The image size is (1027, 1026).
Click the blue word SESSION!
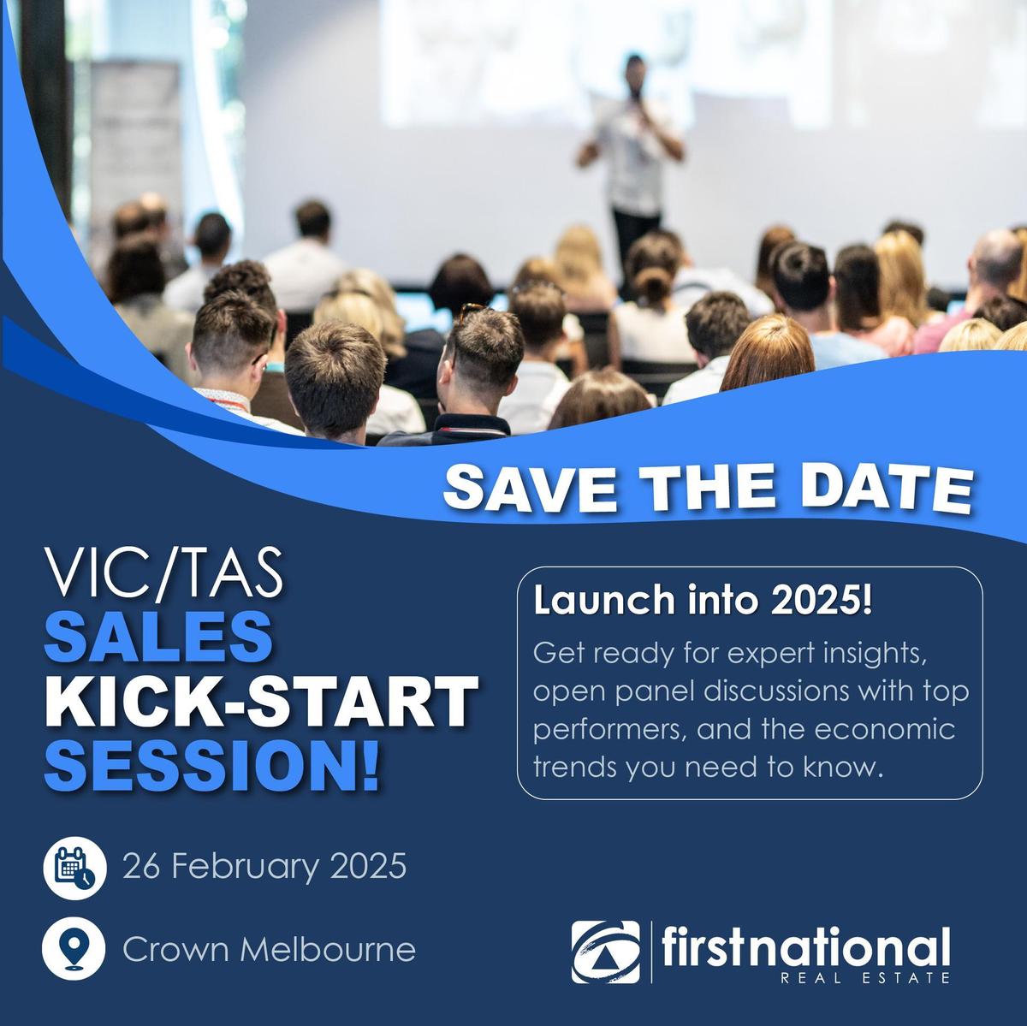(x=212, y=765)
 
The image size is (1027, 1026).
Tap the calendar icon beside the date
(x=75, y=868)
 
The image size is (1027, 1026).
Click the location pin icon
(x=74, y=949)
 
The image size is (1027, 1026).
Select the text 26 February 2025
(x=264, y=868)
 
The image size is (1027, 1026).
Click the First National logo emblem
(x=605, y=952)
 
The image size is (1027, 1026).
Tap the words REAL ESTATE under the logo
(x=864, y=978)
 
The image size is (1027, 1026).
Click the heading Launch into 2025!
(x=703, y=601)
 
